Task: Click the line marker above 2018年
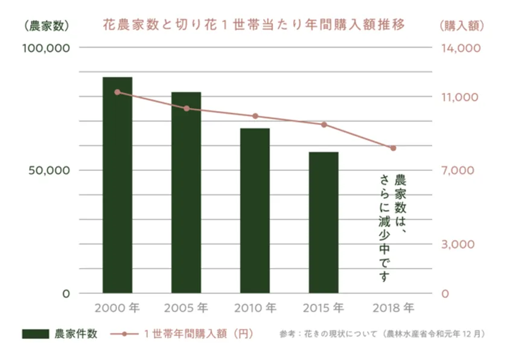click(x=393, y=148)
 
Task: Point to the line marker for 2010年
click(x=255, y=116)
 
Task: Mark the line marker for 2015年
click(x=324, y=124)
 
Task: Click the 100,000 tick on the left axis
click(x=46, y=48)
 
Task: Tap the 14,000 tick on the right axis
click(x=460, y=48)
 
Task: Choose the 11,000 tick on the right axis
click(x=460, y=97)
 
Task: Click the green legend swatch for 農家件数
click(x=36, y=333)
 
